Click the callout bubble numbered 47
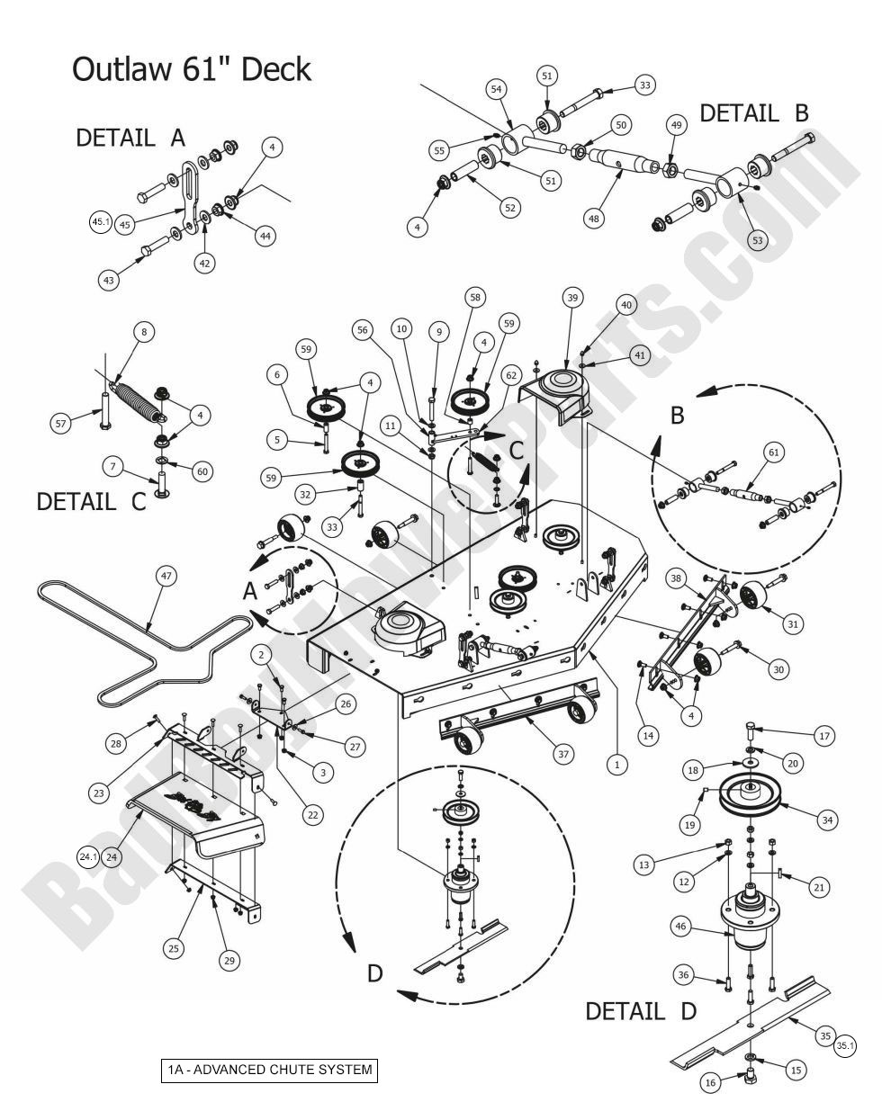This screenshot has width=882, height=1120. coord(165,575)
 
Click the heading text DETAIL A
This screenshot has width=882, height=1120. coord(130,138)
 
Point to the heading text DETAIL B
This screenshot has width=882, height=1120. coord(753,113)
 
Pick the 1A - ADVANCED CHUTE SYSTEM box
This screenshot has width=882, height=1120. coord(268,1070)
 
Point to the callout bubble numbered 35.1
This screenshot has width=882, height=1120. coord(846,1045)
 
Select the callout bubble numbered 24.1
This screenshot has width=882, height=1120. coord(87,856)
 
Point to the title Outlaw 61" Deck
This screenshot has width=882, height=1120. coord(192,69)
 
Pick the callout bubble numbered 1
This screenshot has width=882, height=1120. coord(616,765)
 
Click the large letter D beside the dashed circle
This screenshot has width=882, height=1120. coord(376,972)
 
